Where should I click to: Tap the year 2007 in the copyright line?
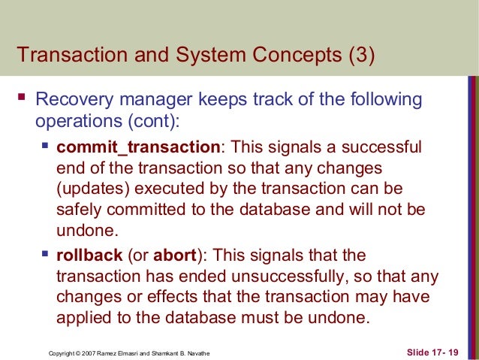[87, 352]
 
